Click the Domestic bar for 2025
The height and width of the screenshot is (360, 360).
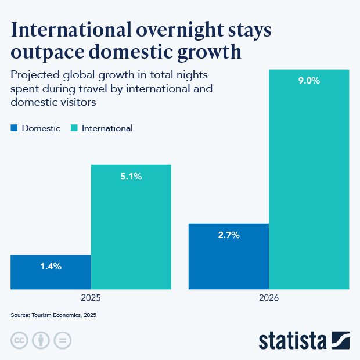click(51, 272)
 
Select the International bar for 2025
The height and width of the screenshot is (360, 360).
click(131, 226)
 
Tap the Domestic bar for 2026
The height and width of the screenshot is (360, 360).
click(229, 255)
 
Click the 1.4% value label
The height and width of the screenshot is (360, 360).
click(51, 267)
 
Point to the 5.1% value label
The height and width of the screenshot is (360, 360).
click(131, 177)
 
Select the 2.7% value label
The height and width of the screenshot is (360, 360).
click(229, 235)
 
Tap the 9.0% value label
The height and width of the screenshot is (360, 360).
click(309, 81)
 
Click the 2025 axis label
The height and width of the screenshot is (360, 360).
click(91, 298)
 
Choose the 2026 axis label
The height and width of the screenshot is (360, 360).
click(269, 298)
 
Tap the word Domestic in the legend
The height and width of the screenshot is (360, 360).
click(41, 128)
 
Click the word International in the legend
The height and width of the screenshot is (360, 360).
click(107, 128)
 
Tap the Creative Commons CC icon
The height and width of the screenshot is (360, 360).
click(19, 340)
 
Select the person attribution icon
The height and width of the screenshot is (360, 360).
click(41, 340)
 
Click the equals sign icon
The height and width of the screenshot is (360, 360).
click(62, 340)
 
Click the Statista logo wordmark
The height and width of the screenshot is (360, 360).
click(293, 340)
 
